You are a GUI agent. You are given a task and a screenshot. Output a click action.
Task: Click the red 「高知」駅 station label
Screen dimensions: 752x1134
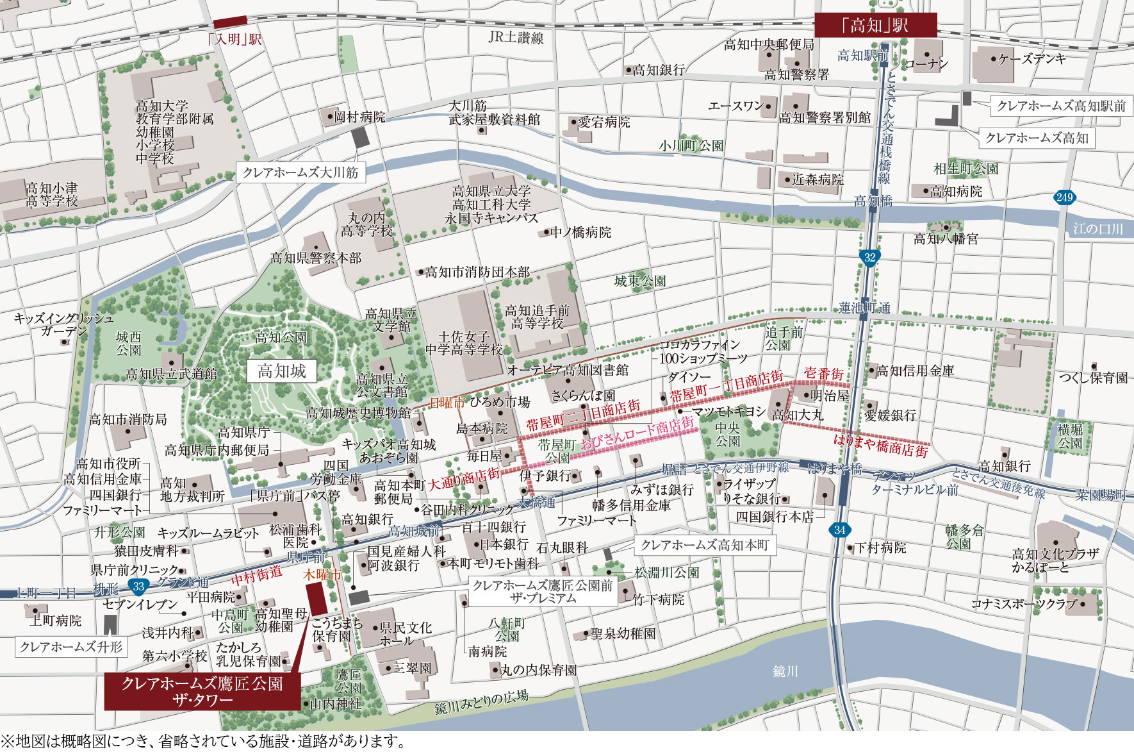click(x=875, y=26)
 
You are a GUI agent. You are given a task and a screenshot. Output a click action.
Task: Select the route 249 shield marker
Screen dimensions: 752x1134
click(x=1064, y=197)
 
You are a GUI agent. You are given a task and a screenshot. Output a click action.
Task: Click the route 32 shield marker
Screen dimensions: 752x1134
click(x=869, y=258)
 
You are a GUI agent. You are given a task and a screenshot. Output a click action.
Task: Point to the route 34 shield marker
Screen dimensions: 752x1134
click(x=840, y=530)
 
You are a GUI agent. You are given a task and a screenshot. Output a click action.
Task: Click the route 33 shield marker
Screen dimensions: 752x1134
click(x=138, y=586)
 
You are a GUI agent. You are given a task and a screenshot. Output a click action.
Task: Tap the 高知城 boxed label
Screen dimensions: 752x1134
click(x=282, y=371)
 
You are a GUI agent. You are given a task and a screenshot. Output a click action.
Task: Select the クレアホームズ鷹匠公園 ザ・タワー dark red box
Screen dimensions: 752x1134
click(x=202, y=691)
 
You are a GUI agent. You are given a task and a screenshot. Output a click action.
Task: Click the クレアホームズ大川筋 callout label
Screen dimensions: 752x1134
click(x=300, y=172)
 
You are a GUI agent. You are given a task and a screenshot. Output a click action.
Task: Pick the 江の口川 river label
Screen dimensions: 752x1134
click(x=1098, y=229)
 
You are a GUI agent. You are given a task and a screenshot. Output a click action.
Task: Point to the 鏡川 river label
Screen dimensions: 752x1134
click(x=785, y=671)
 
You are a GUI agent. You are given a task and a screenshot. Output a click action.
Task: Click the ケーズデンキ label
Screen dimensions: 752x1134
click(x=1031, y=59)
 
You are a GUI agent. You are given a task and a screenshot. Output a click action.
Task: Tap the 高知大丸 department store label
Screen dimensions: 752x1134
click(x=798, y=415)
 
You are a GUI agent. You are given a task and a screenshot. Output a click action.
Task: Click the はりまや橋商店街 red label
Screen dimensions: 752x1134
click(x=880, y=446)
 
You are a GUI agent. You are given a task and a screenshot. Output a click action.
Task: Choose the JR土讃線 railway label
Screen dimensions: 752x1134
click(x=516, y=38)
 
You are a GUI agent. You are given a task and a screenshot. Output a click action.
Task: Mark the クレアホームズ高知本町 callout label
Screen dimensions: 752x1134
click(x=704, y=545)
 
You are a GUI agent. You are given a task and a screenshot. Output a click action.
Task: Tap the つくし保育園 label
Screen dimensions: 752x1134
click(x=1093, y=378)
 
